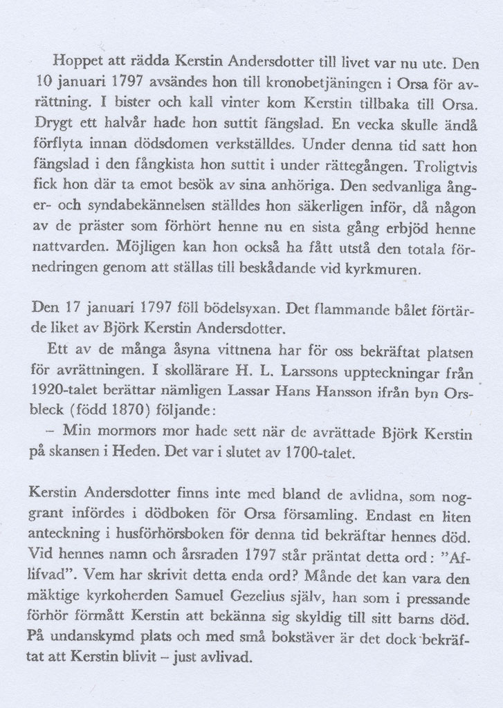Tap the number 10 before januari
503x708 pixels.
point(43,81)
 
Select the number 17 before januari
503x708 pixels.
point(63,306)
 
